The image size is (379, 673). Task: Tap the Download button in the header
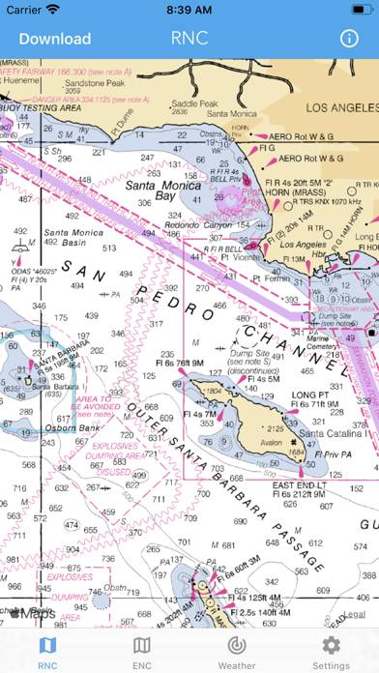tap(55, 40)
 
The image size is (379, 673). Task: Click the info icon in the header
tap(349, 39)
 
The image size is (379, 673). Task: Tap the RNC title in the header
tap(189, 40)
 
